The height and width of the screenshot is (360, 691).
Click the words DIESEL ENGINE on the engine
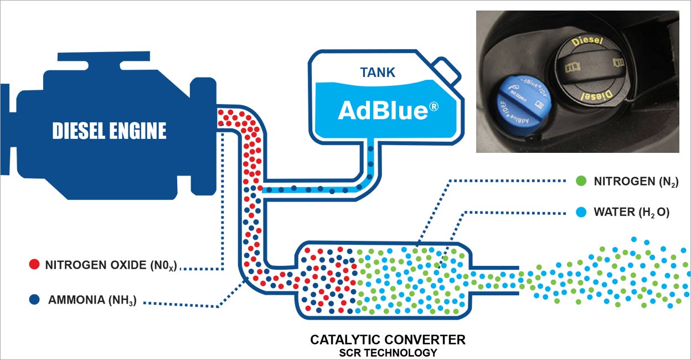(109, 131)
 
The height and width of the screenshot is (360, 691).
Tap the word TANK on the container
(377, 73)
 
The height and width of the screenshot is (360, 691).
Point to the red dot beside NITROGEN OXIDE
(34, 264)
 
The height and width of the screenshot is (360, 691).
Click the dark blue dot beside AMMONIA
(34, 300)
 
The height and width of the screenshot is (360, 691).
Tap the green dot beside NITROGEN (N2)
(581, 181)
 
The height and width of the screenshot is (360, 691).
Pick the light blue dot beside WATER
(581, 211)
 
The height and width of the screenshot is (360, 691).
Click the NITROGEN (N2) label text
(636, 181)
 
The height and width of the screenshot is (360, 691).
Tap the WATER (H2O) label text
(631, 212)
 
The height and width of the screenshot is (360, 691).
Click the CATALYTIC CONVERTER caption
(388, 339)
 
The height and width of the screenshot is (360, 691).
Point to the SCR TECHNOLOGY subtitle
(388, 352)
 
